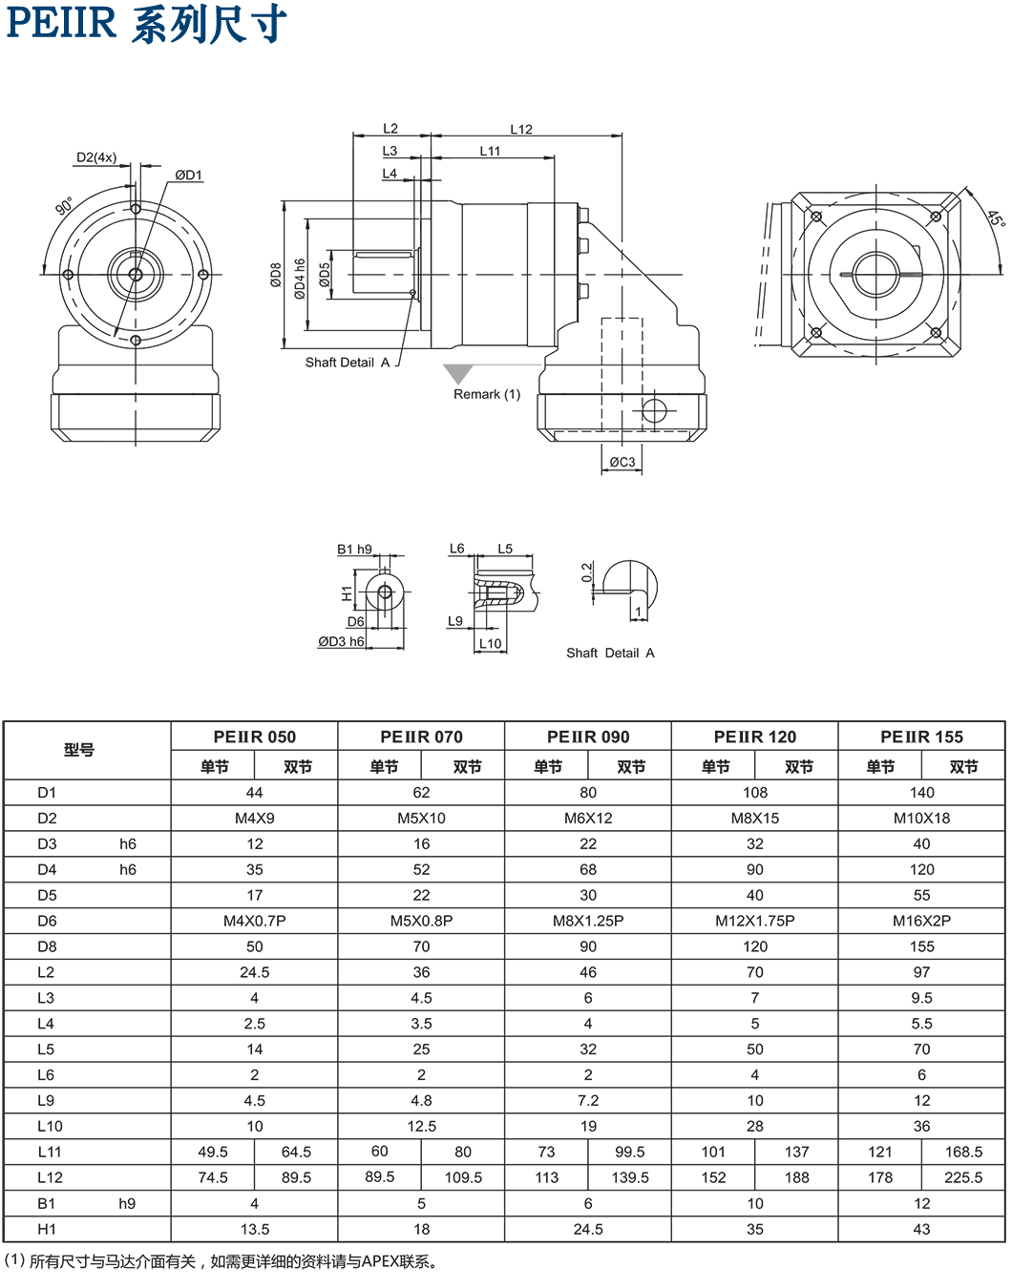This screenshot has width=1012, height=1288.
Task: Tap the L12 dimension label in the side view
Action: coord(520,129)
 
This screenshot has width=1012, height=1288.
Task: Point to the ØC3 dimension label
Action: coord(622,463)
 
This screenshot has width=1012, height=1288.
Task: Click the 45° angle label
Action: coord(994,219)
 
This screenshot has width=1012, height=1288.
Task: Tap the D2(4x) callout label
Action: coord(96,157)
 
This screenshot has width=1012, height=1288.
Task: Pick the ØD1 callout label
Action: coord(188,175)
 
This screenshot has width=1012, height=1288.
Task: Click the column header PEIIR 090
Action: coord(588,737)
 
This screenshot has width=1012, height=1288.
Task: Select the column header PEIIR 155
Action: coord(921,737)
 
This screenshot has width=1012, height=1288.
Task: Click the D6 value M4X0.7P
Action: coord(254,921)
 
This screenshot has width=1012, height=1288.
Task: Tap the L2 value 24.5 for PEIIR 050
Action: coord(254,972)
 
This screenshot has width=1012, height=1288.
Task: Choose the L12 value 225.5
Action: coord(962,1177)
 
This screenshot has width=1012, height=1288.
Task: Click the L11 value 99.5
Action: coord(630,1152)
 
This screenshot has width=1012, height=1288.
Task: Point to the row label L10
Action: coord(50,1126)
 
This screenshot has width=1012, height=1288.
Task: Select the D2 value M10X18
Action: coord(921,818)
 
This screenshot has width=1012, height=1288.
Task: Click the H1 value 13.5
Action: coord(254,1229)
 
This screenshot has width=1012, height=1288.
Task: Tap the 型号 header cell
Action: coord(78,750)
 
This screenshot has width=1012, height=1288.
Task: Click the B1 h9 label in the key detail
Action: coord(354,550)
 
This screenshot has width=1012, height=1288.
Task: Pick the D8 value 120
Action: coord(754,946)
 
